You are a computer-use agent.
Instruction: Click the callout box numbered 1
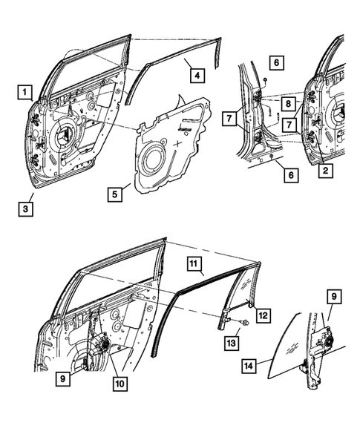[x=25, y=92]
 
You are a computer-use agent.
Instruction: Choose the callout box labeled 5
[x=115, y=195]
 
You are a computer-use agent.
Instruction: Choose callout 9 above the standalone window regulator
[x=335, y=297]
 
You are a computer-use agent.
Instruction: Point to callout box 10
[x=117, y=384]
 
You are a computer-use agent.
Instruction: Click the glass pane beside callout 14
[x=289, y=349]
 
